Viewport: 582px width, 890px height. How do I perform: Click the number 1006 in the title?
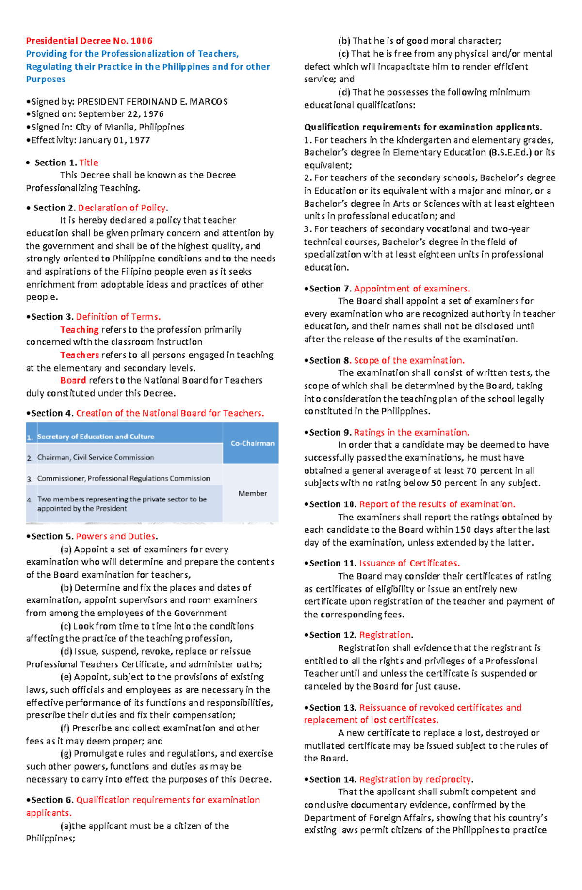point(142,41)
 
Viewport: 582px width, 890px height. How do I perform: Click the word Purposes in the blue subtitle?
point(46,79)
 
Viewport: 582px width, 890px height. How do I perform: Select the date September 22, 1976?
point(121,114)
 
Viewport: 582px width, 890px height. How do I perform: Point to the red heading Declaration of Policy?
point(122,208)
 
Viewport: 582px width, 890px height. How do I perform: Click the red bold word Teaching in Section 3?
point(79,330)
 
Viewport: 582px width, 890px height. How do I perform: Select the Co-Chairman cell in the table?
point(252,443)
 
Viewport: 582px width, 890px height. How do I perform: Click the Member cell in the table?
point(252,493)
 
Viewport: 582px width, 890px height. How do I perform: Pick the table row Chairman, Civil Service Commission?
point(96,457)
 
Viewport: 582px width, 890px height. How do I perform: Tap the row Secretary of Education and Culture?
point(96,437)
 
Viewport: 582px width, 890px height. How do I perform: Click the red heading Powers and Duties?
point(116,536)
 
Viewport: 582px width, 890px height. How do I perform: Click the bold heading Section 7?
point(330,289)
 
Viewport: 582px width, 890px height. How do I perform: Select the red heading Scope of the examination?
point(409,360)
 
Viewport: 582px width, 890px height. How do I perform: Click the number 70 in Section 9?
point(470,470)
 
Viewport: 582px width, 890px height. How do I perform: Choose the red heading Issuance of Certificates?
point(409,563)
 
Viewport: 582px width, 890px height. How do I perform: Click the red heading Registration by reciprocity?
point(415,779)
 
